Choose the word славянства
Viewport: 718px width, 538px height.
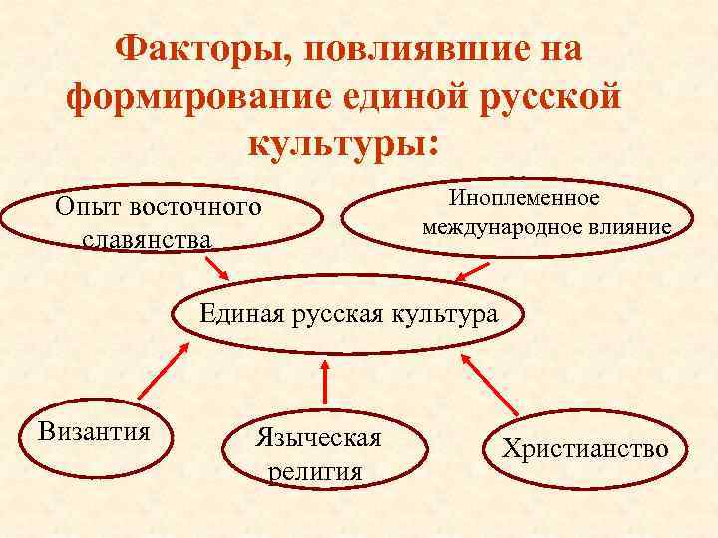click(x=147, y=240)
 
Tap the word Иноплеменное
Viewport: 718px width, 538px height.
click(x=526, y=199)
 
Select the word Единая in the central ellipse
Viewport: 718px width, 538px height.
click(x=242, y=313)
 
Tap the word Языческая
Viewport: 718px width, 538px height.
click(x=318, y=439)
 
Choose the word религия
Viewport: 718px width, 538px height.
click(x=315, y=470)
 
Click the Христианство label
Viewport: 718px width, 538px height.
click(x=584, y=449)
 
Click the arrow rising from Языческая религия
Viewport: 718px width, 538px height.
click(x=323, y=383)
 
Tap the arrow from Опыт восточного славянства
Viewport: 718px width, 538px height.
click(x=216, y=268)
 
